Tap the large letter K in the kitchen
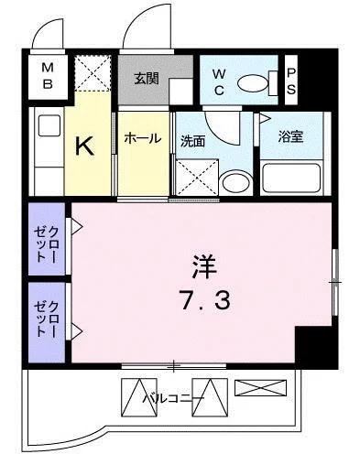click(85, 144)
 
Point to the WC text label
click(221, 81)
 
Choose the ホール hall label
click(142, 138)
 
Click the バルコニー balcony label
click(174, 399)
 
